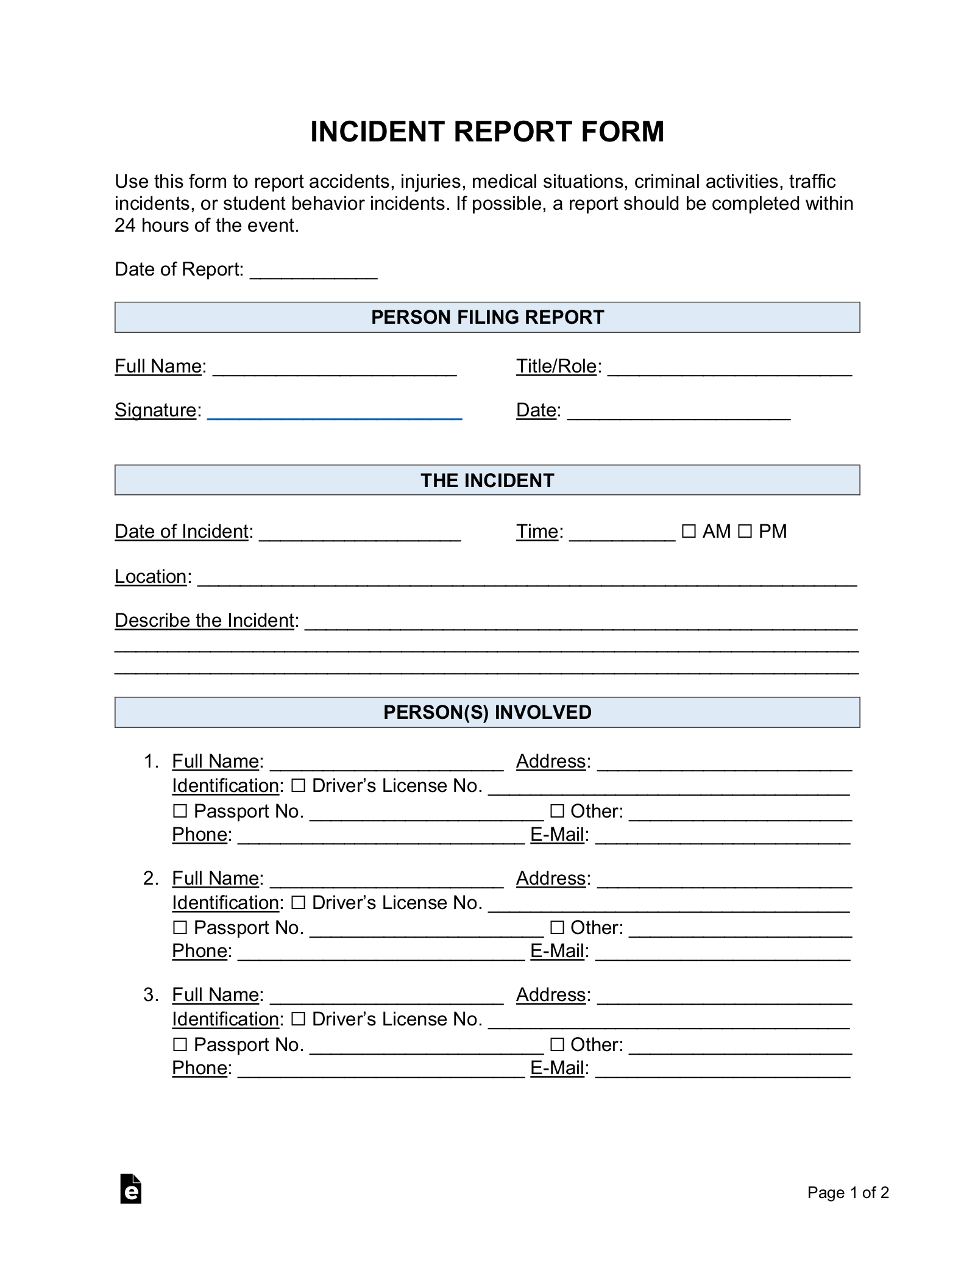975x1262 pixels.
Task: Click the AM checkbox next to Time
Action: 689,531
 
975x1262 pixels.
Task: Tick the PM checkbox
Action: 745,531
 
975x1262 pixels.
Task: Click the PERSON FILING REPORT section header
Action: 487,317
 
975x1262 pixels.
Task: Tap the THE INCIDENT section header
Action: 487,480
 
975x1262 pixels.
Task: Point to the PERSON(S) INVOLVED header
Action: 487,712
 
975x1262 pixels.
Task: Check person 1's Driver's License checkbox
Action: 298,786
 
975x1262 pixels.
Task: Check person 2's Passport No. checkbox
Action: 180,928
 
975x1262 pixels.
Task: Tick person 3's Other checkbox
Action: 557,1045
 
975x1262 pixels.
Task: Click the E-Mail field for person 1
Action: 722,837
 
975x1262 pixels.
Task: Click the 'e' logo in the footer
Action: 131,1189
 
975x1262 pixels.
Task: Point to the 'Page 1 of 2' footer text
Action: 848,1192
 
